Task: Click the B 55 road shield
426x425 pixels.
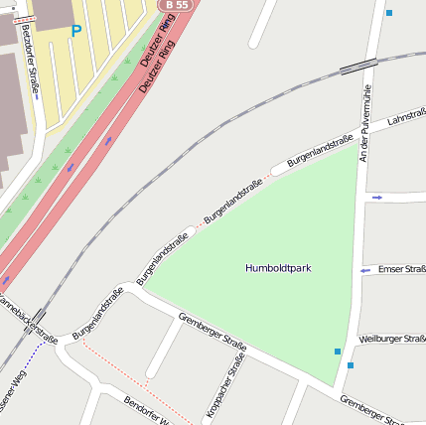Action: point(177,5)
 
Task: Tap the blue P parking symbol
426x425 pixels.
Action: point(76,32)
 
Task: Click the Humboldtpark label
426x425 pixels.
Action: point(278,268)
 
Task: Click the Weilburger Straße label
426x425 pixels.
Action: point(392,340)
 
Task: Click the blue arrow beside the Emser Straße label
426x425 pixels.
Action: point(365,270)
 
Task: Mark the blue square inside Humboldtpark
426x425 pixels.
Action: point(338,352)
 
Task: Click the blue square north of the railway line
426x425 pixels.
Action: point(389,13)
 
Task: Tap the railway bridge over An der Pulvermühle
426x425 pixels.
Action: point(357,66)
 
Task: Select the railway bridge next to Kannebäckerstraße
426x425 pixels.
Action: point(40,316)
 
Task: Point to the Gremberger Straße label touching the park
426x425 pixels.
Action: point(213,332)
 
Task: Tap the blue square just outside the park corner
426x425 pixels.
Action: point(351,365)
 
